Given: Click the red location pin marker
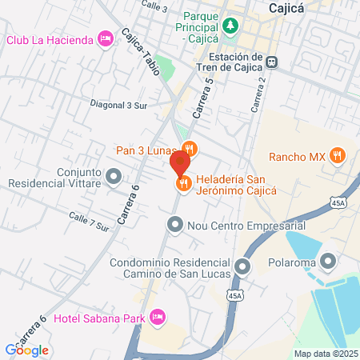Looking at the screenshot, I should click(x=179, y=162).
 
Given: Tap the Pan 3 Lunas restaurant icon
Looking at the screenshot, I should click(x=190, y=148).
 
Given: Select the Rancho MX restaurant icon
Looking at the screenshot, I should click(x=337, y=156).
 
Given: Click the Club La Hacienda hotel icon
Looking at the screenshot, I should click(x=105, y=39).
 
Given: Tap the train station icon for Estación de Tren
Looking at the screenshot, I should click(x=273, y=62).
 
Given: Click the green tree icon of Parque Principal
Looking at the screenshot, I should click(x=230, y=26).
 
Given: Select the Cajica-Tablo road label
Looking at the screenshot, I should click(x=141, y=52).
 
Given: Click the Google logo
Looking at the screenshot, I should click(x=26, y=350).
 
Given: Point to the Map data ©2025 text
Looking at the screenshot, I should click(x=324, y=354).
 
